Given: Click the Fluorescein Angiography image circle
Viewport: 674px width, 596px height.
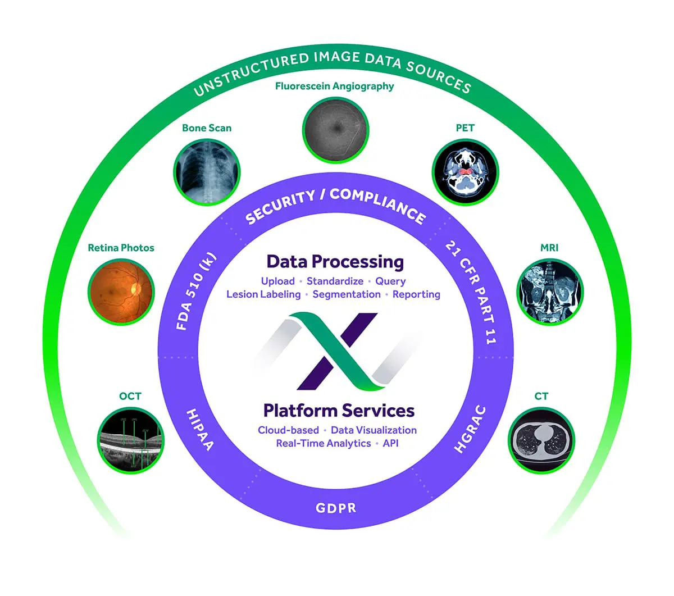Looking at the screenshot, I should (x=335, y=129).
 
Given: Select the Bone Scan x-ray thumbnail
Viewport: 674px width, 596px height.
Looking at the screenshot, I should (x=207, y=171).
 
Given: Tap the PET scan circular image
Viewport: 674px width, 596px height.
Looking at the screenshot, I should (x=465, y=171).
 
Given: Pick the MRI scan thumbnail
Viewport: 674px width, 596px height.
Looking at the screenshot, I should (x=549, y=291).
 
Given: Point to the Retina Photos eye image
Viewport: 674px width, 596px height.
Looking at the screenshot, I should (x=121, y=291).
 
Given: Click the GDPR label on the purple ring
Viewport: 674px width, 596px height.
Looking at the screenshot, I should (x=336, y=508).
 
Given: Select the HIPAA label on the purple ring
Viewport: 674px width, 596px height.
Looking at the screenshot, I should (x=200, y=429).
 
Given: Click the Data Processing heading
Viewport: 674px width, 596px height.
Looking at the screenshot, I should (x=335, y=262).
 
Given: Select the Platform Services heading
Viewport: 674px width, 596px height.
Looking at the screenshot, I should (x=339, y=411).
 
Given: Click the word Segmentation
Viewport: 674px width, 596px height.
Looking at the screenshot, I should (x=347, y=294).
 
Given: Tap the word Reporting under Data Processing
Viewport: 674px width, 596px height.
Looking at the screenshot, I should (x=416, y=294).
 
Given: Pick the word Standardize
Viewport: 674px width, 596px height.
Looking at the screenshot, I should (x=335, y=281).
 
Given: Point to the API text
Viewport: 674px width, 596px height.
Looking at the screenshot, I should (x=390, y=443).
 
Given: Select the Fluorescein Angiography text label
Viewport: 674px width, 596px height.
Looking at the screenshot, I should (x=334, y=86).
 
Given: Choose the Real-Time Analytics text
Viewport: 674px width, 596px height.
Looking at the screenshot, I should (x=323, y=443).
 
